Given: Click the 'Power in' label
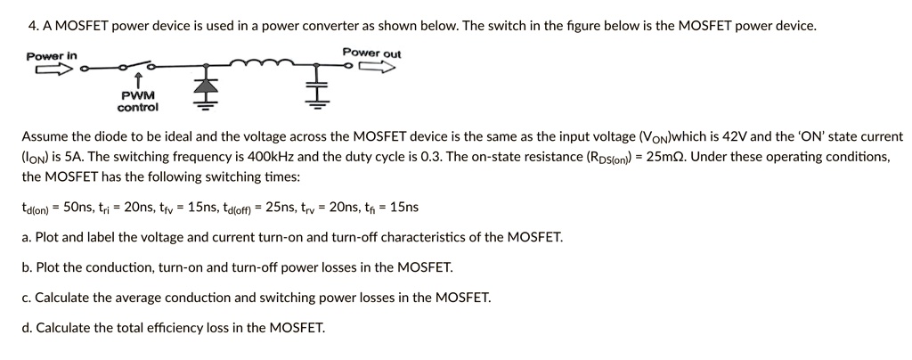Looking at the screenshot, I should (x=51, y=56).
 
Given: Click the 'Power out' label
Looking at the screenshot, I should (x=371, y=53).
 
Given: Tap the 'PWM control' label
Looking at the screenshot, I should (x=138, y=101).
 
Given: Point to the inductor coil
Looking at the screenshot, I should (x=256, y=63).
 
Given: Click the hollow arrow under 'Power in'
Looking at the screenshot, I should (x=47, y=70).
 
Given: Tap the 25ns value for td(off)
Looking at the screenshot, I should (x=284, y=208).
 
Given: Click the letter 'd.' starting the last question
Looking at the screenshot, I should (x=28, y=327).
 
